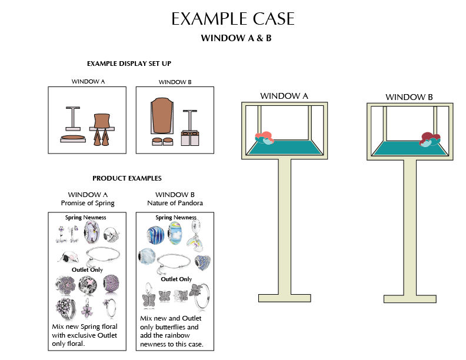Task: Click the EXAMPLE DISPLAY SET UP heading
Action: (129, 64)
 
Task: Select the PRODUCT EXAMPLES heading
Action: (127, 178)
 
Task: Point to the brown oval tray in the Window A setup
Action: (73, 138)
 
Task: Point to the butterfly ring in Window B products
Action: (199, 294)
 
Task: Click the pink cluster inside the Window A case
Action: (264, 137)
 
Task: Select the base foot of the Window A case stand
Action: (285, 298)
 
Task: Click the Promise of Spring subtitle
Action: (87, 204)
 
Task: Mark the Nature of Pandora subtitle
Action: (175, 204)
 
